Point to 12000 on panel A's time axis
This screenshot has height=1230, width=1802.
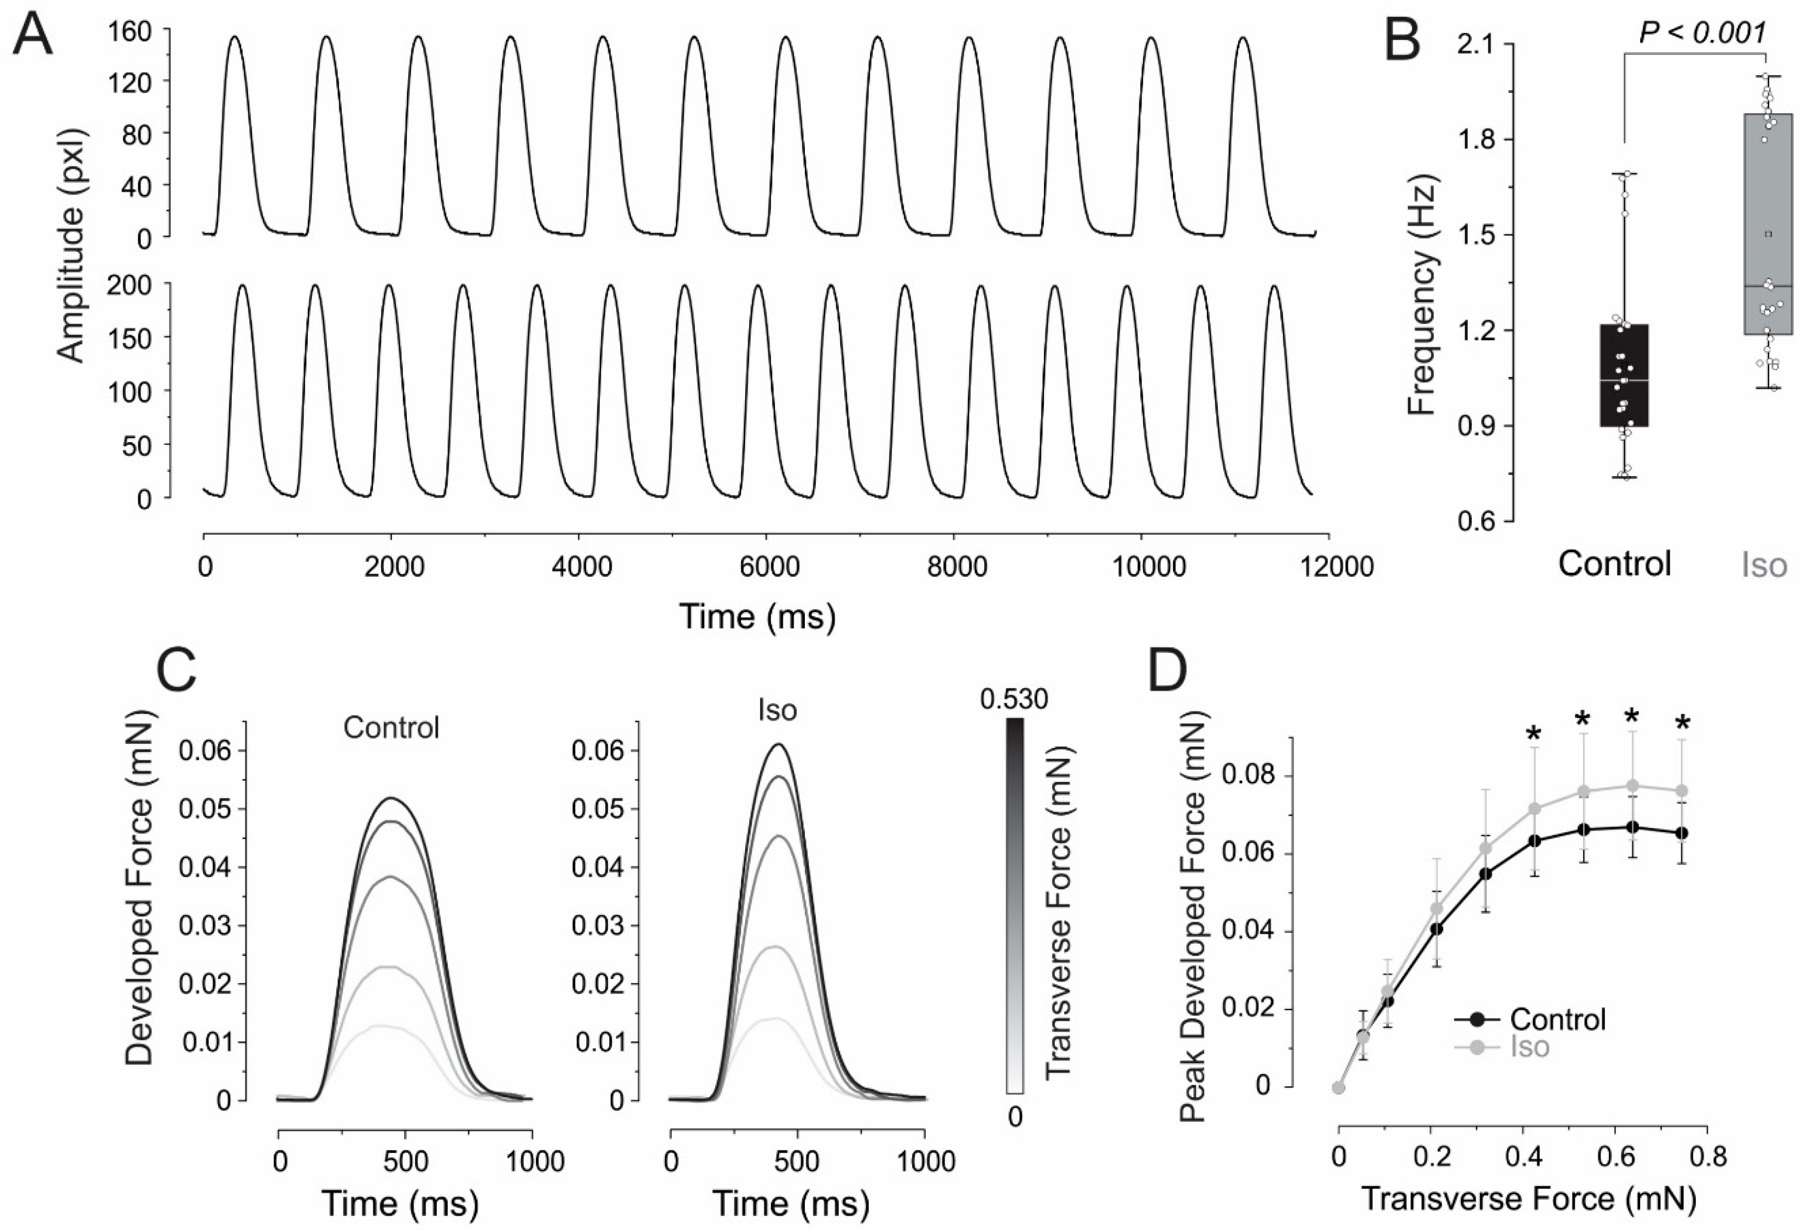point(1329,567)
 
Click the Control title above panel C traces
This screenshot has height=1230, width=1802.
point(391,728)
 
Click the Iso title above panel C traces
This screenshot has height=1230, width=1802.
point(777,710)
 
